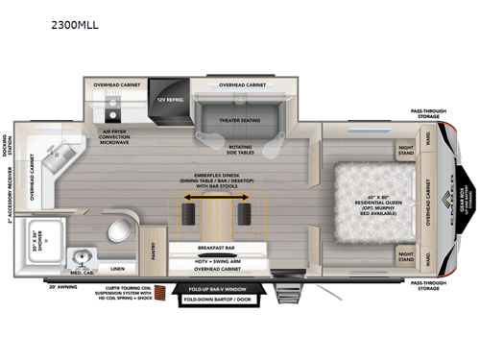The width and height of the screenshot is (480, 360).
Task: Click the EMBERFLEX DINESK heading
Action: tap(213, 178)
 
